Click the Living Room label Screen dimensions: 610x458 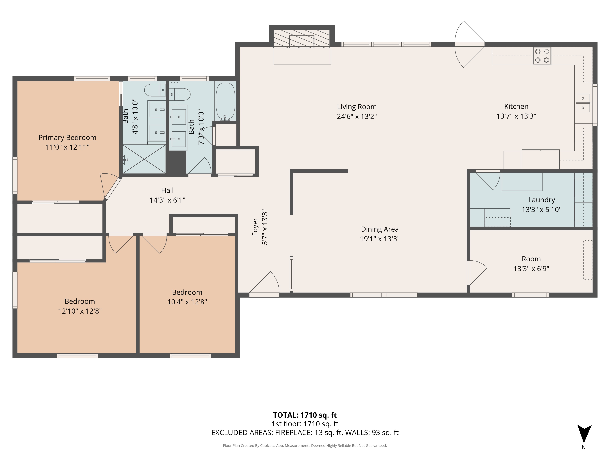(357, 107)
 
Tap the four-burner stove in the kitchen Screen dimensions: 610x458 (542, 56)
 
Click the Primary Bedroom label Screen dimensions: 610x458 (68, 138)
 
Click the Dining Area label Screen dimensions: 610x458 (380, 229)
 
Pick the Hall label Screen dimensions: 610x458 (167, 190)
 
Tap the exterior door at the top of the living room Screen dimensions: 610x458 (470, 44)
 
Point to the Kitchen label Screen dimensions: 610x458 (516, 106)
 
